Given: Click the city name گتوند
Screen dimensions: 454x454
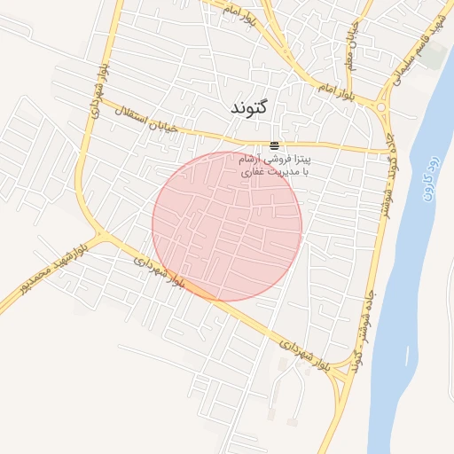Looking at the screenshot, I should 248,107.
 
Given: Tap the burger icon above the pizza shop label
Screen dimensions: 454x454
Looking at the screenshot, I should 274,145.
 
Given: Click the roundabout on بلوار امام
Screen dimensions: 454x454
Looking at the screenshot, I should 382,107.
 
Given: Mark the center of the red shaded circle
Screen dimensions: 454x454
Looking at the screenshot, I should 227,226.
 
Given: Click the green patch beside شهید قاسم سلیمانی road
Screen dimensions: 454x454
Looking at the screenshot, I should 433,55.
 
